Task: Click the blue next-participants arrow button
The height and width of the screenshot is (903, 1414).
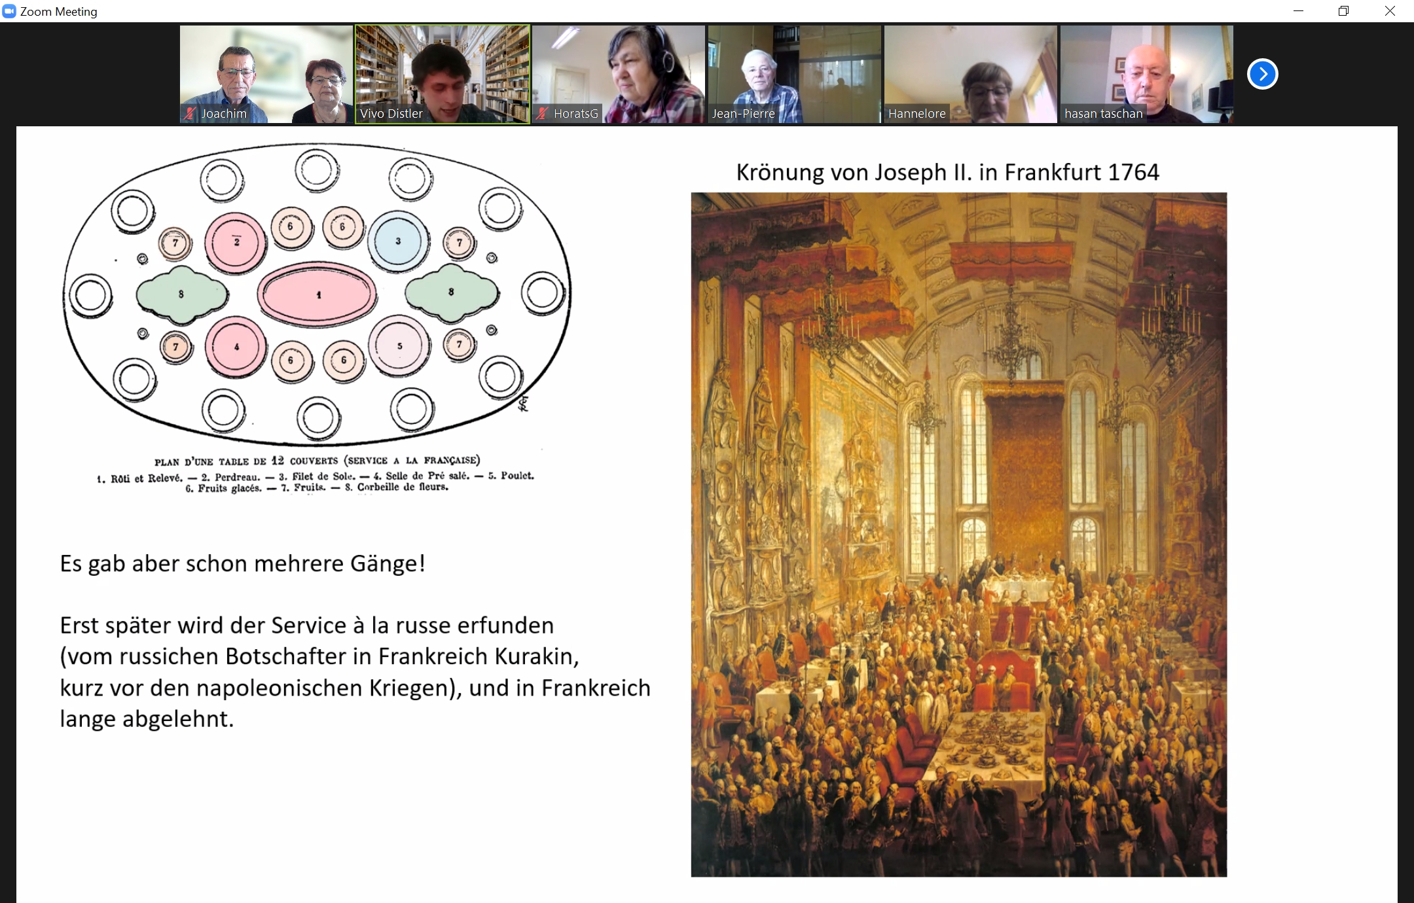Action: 1262,74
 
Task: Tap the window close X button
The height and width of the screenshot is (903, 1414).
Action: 1390,11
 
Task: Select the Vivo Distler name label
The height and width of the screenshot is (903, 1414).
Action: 391,113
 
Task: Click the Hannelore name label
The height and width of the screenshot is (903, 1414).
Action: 916,113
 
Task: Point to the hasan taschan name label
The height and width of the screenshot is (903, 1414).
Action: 1103,113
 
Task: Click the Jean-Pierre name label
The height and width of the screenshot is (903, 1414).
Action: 743,113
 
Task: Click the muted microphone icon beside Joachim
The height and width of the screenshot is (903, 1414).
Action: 190,113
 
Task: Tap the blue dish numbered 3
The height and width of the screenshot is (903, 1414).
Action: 398,241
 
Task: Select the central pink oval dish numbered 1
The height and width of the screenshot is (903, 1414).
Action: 317,294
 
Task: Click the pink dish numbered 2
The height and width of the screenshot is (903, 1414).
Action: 236,242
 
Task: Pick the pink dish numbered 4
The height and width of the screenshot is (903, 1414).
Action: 236,347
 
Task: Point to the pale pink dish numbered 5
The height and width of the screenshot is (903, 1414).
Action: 399,345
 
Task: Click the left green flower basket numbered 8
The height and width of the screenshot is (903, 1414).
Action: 182,294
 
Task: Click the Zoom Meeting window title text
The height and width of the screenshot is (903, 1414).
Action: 58,12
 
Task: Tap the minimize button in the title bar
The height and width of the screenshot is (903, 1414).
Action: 1299,11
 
